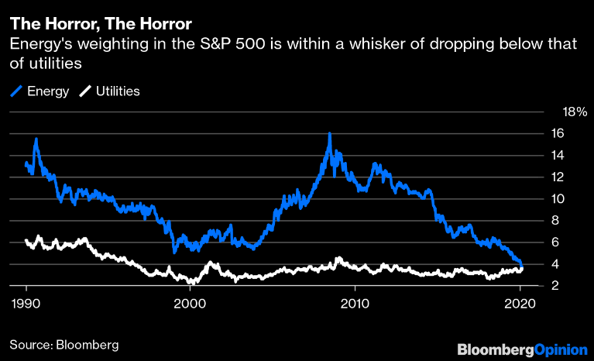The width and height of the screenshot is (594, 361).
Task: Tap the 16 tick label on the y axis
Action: (x=557, y=133)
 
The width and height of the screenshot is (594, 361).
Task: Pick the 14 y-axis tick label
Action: (x=557, y=155)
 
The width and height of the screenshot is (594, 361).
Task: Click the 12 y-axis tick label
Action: (x=557, y=177)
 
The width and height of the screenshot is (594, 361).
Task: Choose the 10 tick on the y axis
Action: (x=557, y=198)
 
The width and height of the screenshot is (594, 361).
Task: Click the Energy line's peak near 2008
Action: (x=330, y=134)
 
